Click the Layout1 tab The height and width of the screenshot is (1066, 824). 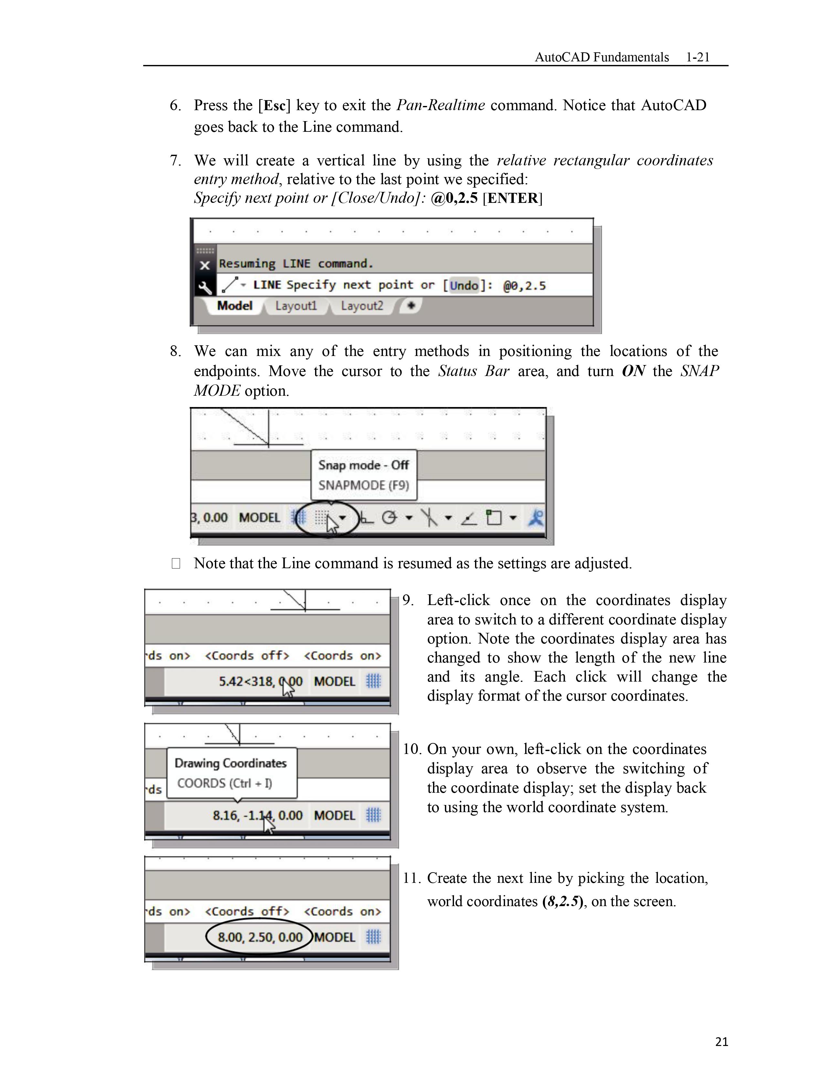296,306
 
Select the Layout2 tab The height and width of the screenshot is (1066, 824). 362,306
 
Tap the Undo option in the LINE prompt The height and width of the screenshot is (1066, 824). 463,286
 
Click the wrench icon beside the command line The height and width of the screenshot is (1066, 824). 205,287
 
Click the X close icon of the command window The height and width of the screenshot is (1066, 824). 205,265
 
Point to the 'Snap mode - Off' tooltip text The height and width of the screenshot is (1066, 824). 364,465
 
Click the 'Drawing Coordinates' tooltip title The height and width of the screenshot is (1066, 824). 230,763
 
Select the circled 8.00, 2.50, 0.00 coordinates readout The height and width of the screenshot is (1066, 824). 260,937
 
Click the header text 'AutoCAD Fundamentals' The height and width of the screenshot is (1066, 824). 601,57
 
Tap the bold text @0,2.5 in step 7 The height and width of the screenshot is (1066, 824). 454,198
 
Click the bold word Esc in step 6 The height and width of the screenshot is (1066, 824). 274,105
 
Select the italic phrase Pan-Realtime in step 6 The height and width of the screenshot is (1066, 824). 440,105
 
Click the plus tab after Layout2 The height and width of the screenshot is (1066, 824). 411,306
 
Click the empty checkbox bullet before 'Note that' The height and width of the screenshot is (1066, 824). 176,564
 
